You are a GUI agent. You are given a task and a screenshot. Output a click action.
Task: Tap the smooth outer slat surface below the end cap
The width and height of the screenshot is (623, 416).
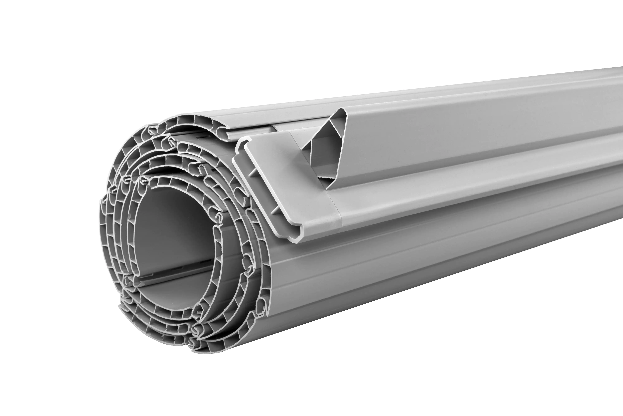pos(397,265)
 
